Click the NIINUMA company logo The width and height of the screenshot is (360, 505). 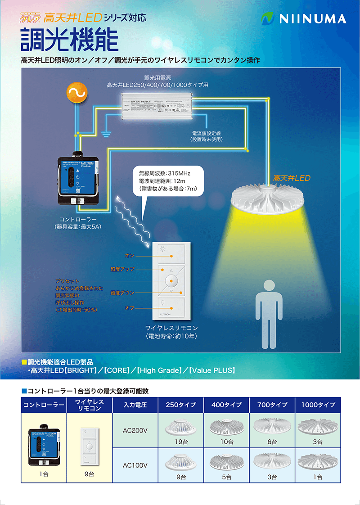tap(304, 18)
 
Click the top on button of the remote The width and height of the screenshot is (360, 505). tap(171, 255)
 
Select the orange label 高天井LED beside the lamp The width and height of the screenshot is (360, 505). tap(292, 178)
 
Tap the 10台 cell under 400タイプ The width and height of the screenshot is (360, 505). tap(227, 442)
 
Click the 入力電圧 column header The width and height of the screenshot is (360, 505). tap(135, 405)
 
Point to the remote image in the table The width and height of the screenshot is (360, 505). tap(89, 444)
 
